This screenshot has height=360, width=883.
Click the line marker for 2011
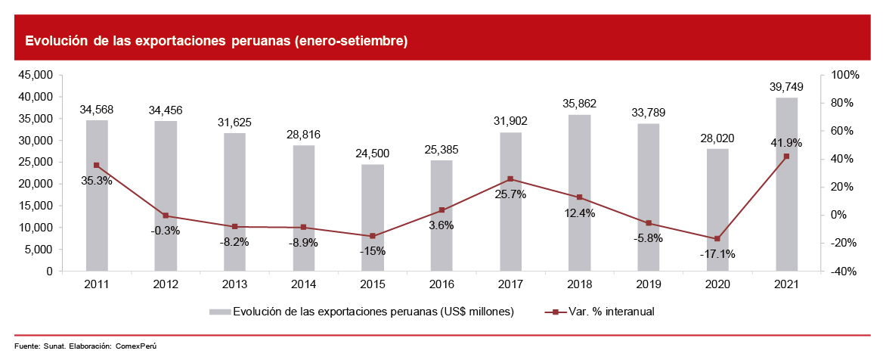(97, 165)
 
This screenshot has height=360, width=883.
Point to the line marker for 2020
(717, 239)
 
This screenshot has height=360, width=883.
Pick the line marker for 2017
(510, 179)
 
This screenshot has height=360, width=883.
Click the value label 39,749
(787, 87)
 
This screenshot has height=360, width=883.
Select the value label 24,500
(373, 154)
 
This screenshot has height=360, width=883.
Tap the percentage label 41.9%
(786, 143)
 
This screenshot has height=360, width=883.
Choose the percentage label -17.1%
(717, 255)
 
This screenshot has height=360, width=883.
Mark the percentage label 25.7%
(510, 194)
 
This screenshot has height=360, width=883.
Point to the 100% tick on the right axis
(845, 75)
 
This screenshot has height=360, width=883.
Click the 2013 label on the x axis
(234, 284)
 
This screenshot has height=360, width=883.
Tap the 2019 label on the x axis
(649, 284)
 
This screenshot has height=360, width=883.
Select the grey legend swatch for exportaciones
(220, 312)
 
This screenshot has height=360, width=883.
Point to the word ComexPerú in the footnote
(135, 346)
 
